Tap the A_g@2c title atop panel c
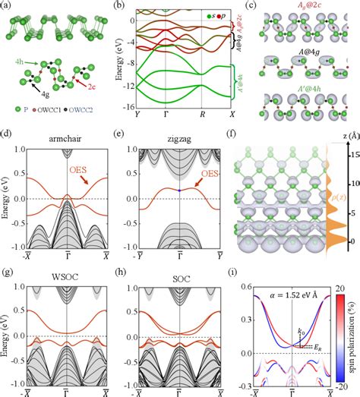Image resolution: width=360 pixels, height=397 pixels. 304,7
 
